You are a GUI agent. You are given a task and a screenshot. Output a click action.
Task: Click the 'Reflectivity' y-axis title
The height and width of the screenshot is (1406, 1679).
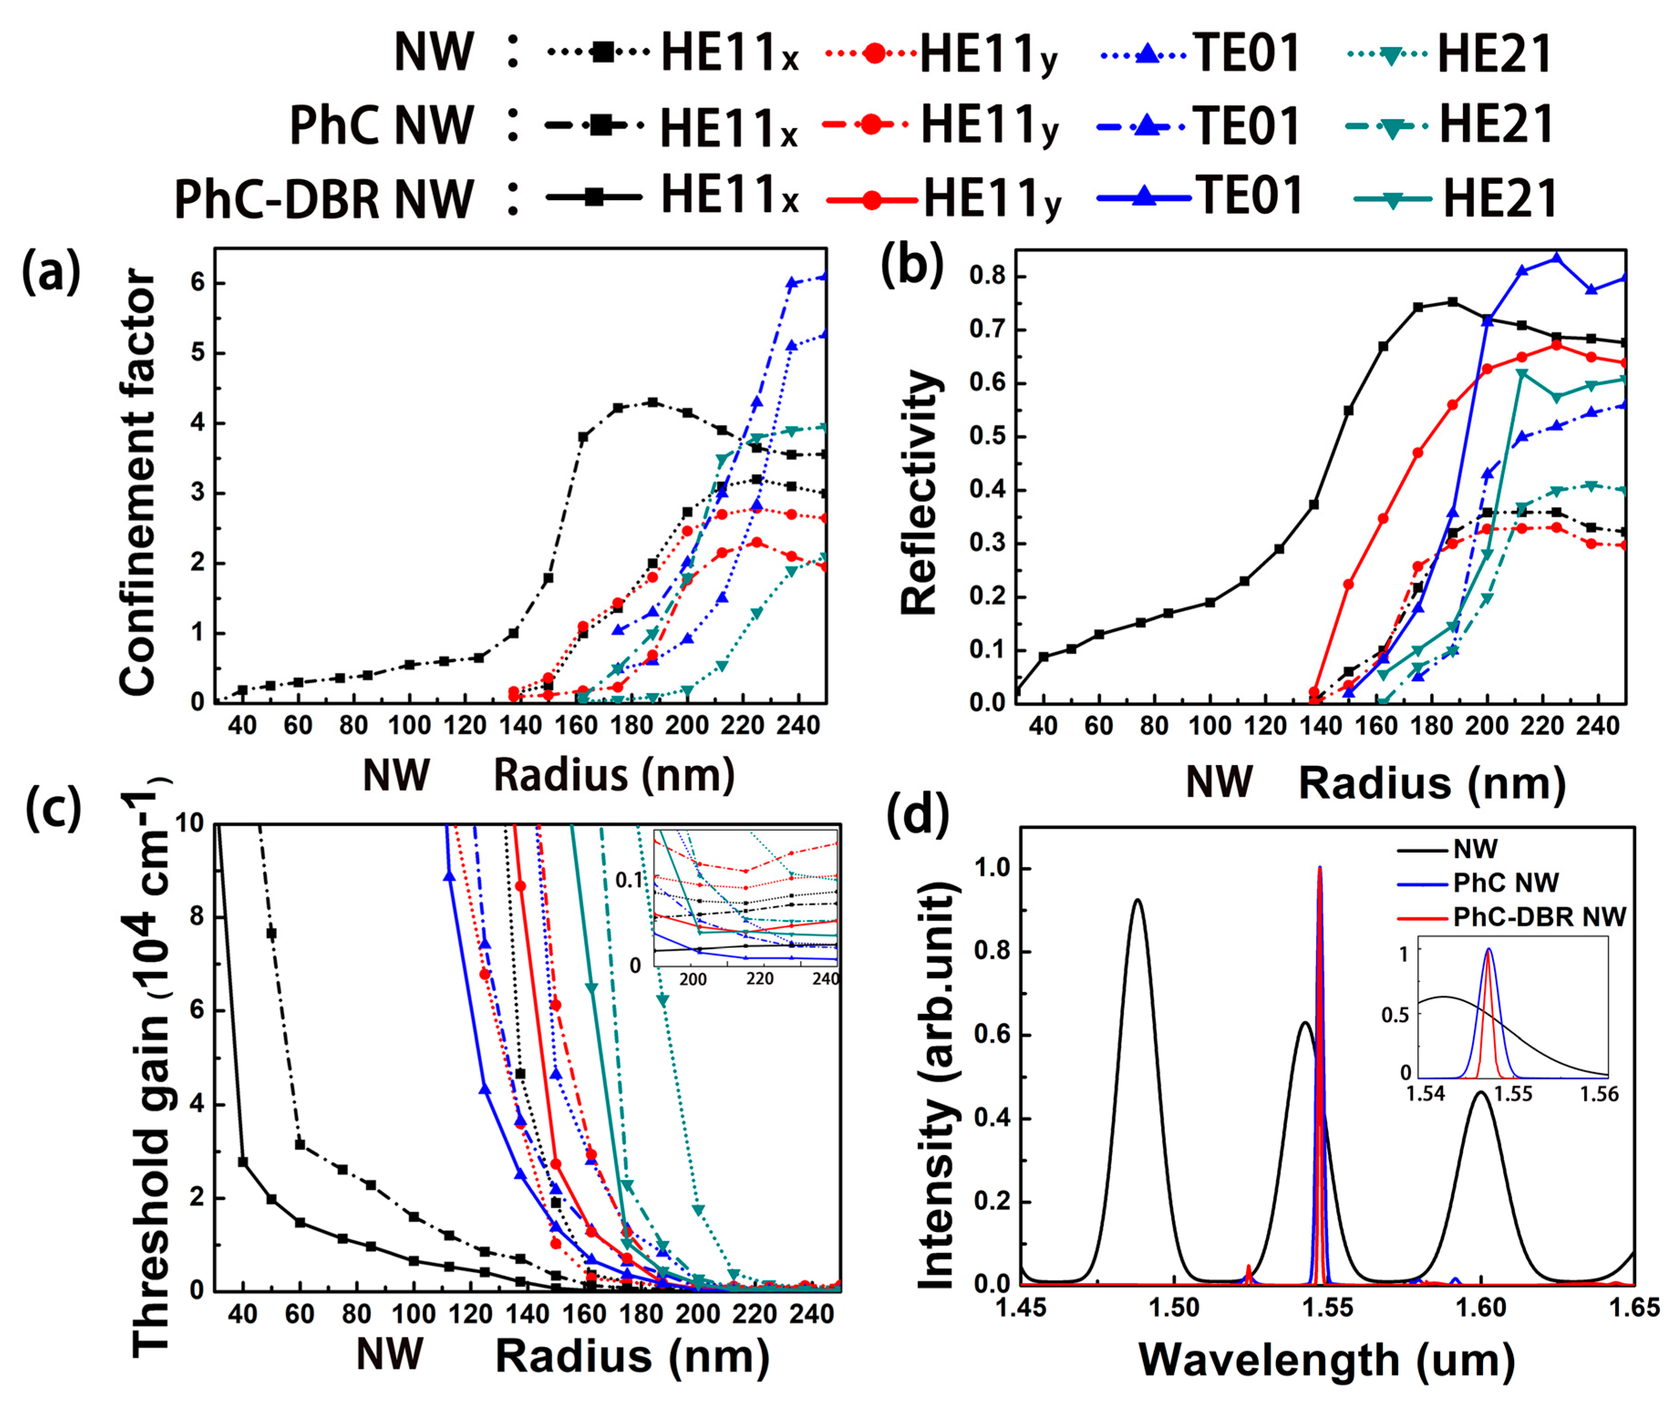click(919, 492)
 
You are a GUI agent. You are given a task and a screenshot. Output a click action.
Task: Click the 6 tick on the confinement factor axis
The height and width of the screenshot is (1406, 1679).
click(197, 283)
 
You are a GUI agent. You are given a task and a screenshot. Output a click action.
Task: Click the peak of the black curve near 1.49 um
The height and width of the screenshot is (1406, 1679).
click(1136, 900)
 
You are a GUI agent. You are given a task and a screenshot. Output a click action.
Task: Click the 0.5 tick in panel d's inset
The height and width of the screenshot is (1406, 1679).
click(1395, 1014)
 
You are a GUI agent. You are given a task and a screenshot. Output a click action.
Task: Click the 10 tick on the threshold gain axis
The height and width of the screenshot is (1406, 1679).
click(190, 824)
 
